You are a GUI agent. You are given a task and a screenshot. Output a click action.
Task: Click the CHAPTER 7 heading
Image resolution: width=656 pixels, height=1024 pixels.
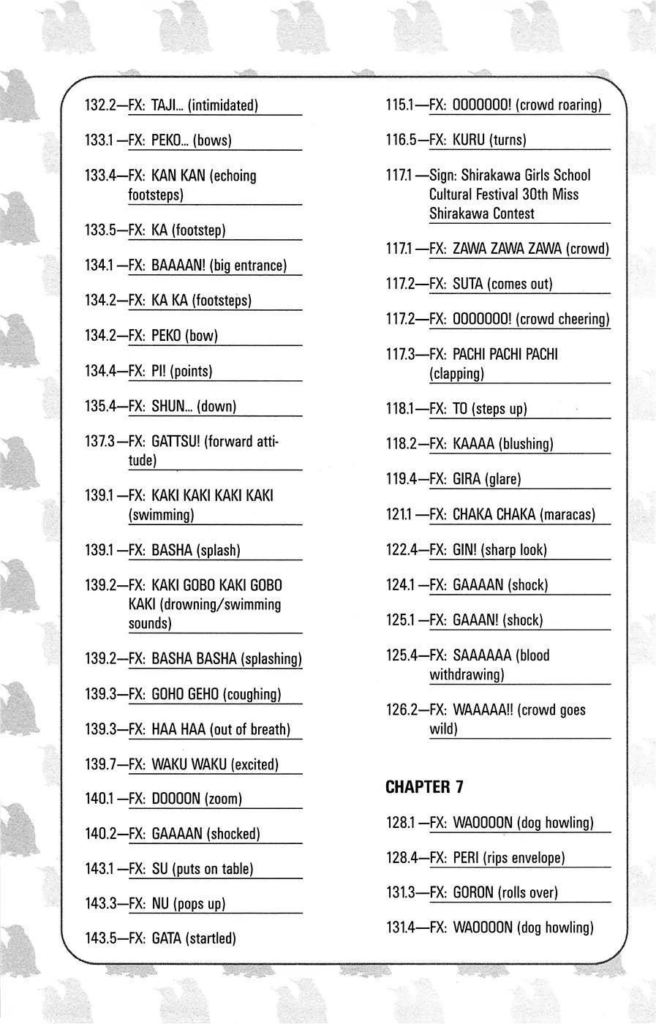[x=424, y=788]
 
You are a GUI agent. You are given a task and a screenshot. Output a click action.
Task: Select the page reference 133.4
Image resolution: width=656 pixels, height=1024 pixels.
[x=102, y=176]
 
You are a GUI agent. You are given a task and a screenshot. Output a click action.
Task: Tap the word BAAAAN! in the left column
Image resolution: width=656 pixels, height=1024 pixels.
[x=178, y=266]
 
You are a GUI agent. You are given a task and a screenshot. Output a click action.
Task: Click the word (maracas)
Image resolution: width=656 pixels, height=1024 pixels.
[x=568, y=515]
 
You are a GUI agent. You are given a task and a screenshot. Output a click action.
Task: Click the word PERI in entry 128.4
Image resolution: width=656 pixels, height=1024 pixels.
[x=466, y=858]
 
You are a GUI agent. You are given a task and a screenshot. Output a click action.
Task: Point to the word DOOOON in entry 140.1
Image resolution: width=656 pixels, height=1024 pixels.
[x=176, y=799]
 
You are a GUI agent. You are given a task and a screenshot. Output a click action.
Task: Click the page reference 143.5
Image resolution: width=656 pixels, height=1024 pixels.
[x=102, y=938]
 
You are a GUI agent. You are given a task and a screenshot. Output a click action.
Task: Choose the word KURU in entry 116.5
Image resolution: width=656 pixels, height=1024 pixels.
[x=469, y=140]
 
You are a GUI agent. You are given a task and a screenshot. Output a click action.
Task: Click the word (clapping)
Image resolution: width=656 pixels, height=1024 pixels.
[x=456, y=374]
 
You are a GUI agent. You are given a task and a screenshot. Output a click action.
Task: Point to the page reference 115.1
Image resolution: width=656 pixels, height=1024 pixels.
[x=403, y=105]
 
